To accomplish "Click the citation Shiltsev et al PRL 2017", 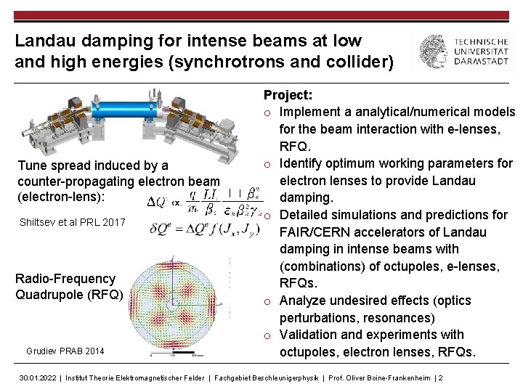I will click(71, 222).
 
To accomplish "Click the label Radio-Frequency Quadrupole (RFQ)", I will click(65, 287).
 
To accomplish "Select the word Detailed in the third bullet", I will click(306, 215).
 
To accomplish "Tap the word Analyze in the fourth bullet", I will click(304, 301).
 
